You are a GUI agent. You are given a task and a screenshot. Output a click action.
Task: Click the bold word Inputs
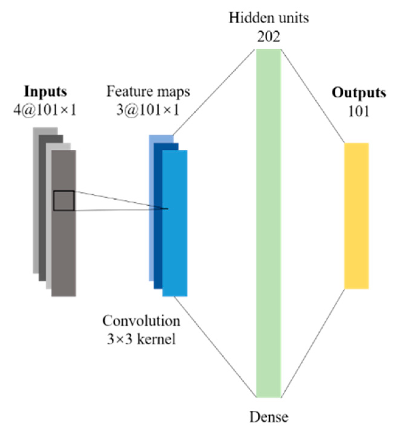[46, 92]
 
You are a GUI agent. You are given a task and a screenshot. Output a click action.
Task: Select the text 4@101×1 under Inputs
[45, 110]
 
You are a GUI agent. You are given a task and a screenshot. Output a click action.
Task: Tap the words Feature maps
[148, 92]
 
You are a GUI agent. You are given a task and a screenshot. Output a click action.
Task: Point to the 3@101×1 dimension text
[148, 110]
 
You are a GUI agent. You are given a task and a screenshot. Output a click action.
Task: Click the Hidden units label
[269, 18]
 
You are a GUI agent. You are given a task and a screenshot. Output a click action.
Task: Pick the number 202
[269, 37]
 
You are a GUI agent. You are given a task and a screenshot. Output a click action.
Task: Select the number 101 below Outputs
[359, 112]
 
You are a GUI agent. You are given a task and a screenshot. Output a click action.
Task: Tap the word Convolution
[141, 321]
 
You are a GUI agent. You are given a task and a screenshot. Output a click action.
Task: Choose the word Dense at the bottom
[269, 417]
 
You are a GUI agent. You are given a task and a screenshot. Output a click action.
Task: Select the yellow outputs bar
[356, 216]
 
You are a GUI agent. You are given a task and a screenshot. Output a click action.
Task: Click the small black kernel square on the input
[64, 201]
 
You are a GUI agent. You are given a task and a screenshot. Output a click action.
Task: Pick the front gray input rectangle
[63, 250]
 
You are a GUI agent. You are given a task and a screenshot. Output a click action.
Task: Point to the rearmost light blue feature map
[151, 213]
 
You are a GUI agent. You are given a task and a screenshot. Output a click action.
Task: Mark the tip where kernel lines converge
[168, 209]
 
